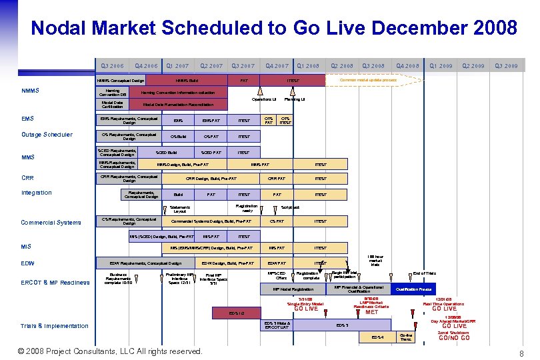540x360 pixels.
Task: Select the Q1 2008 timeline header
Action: [308, 66]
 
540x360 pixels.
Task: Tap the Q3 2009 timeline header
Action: [506, 66]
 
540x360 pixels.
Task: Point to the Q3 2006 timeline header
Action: [112, 66]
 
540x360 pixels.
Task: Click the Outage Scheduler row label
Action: [47, 135]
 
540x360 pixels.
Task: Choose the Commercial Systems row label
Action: [51, 223]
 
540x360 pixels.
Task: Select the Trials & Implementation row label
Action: [55, 326]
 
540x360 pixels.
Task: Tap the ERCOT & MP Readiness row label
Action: [55, 283]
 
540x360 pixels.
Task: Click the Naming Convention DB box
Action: [113, 93]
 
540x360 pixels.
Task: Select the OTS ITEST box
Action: [285, 121]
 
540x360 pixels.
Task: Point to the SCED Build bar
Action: [167, 153]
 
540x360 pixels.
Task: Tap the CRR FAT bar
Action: [276, 179]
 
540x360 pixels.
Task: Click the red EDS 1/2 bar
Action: [237, 313]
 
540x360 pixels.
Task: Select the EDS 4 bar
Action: [377, 337]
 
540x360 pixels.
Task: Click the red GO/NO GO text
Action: [454, 338]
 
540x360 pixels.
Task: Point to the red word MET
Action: [371, 312]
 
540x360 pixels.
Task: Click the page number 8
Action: [521, 353]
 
